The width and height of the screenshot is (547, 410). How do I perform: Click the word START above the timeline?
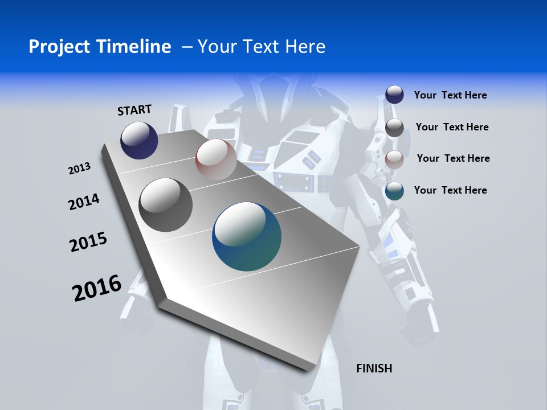[134, 110]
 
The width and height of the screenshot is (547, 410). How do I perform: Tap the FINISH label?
[374, 368]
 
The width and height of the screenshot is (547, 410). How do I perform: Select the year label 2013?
[79, 169]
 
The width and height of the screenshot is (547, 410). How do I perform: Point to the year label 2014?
[84, 202]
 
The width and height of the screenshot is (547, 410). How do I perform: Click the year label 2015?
[88, 242]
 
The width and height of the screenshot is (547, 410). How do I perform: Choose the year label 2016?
[97, 288]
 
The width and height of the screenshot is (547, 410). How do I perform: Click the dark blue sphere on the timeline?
[139, 140]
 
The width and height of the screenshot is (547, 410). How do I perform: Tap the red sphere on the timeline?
[216, 159]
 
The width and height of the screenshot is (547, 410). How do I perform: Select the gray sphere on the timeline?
[166, 205]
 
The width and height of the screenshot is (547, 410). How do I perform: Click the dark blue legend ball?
[394, 95]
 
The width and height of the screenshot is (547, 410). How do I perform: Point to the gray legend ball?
[394, 128]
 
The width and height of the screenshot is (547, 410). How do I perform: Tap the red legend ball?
[394, 159]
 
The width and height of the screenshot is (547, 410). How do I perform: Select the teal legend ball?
[394, 191]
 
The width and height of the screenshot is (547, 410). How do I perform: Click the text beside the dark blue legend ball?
[450, 95]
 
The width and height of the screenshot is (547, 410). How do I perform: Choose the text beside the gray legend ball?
[452, 127]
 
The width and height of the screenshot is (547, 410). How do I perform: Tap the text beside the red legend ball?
[453, 158]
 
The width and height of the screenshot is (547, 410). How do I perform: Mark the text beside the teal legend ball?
[450, 190]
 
